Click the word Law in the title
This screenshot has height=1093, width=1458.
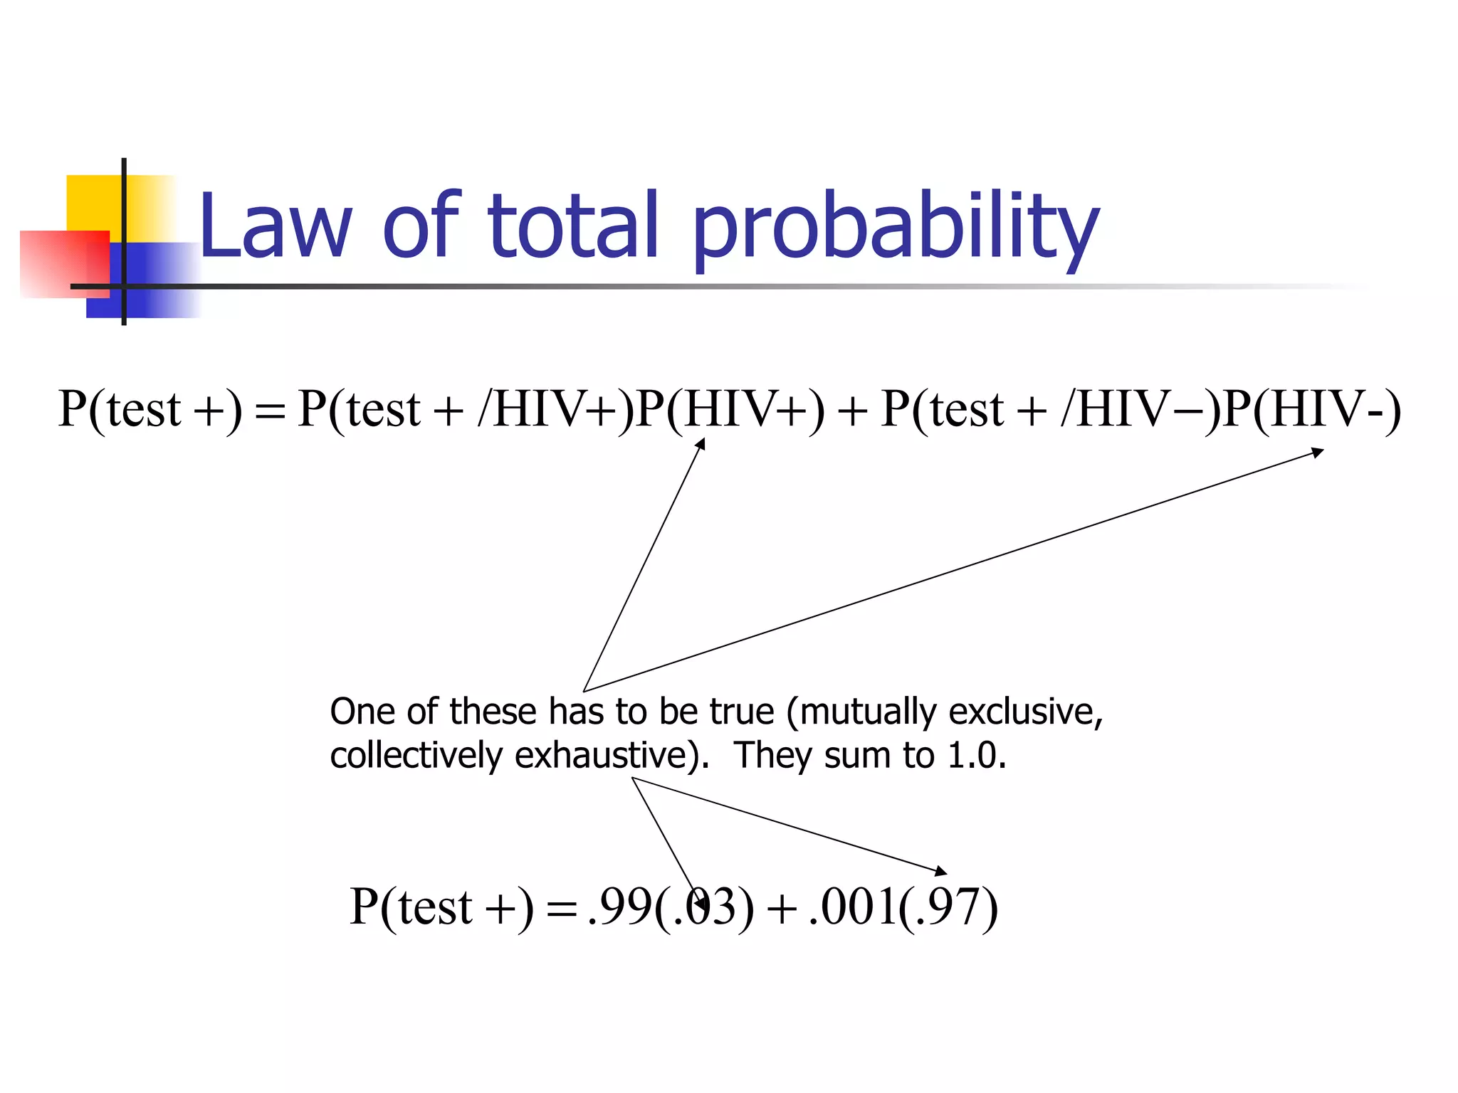click(275, 226)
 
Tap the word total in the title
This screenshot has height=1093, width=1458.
click(573, 226)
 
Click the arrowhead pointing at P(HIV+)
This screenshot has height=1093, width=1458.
click(701, 444)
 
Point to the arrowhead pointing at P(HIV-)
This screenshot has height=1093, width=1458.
click(1318, 452)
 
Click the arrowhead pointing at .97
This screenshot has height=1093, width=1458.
click(941, 871)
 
